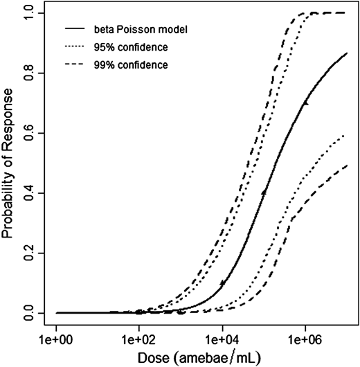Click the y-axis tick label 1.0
(30, 14)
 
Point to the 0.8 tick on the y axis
(30, 73)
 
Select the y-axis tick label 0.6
(30, 134)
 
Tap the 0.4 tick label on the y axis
(30, 193)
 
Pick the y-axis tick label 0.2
(30, 253)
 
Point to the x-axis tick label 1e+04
(222, 340)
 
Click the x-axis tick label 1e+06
(305, 340)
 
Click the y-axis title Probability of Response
(9, 164)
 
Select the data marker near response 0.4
(264, 192)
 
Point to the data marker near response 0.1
(222, 283)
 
